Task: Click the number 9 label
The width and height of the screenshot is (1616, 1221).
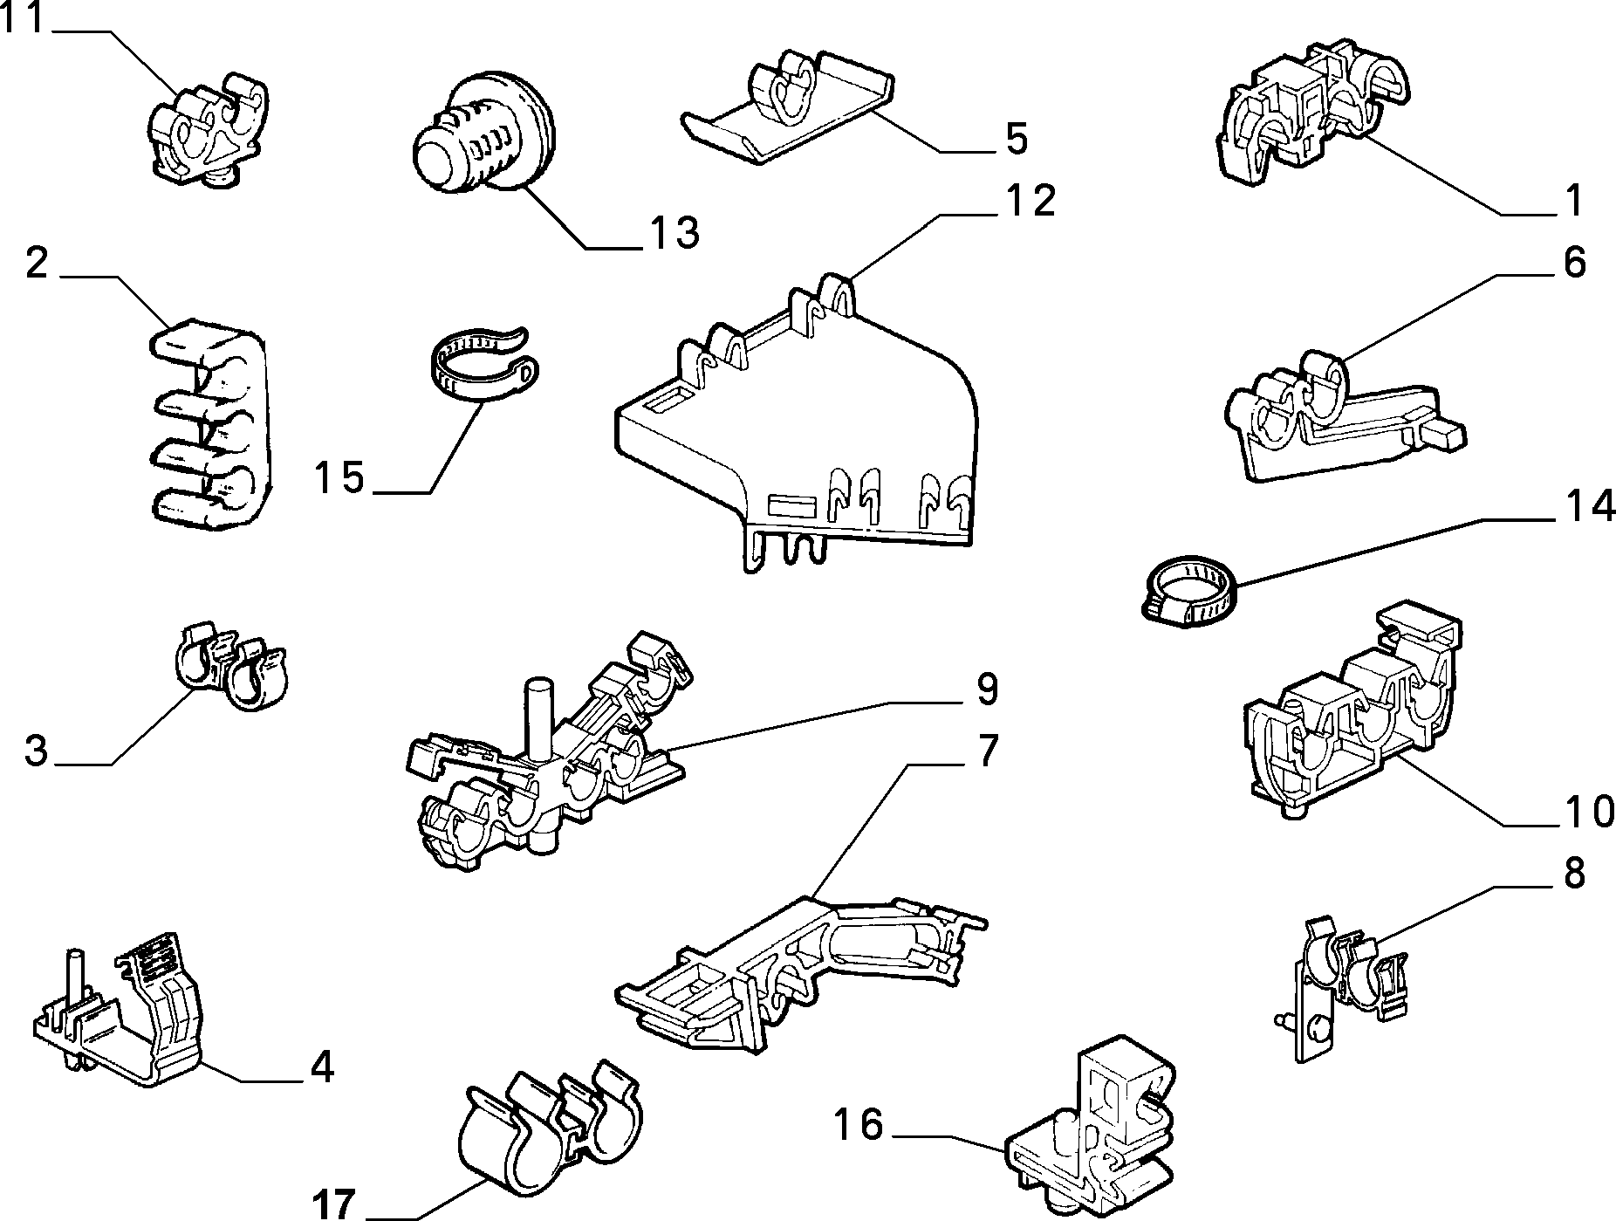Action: [x=986, y=689]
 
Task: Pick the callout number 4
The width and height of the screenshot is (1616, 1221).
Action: [x=322, y=1067]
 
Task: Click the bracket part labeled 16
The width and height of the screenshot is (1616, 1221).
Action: [x=1091, y=1126]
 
